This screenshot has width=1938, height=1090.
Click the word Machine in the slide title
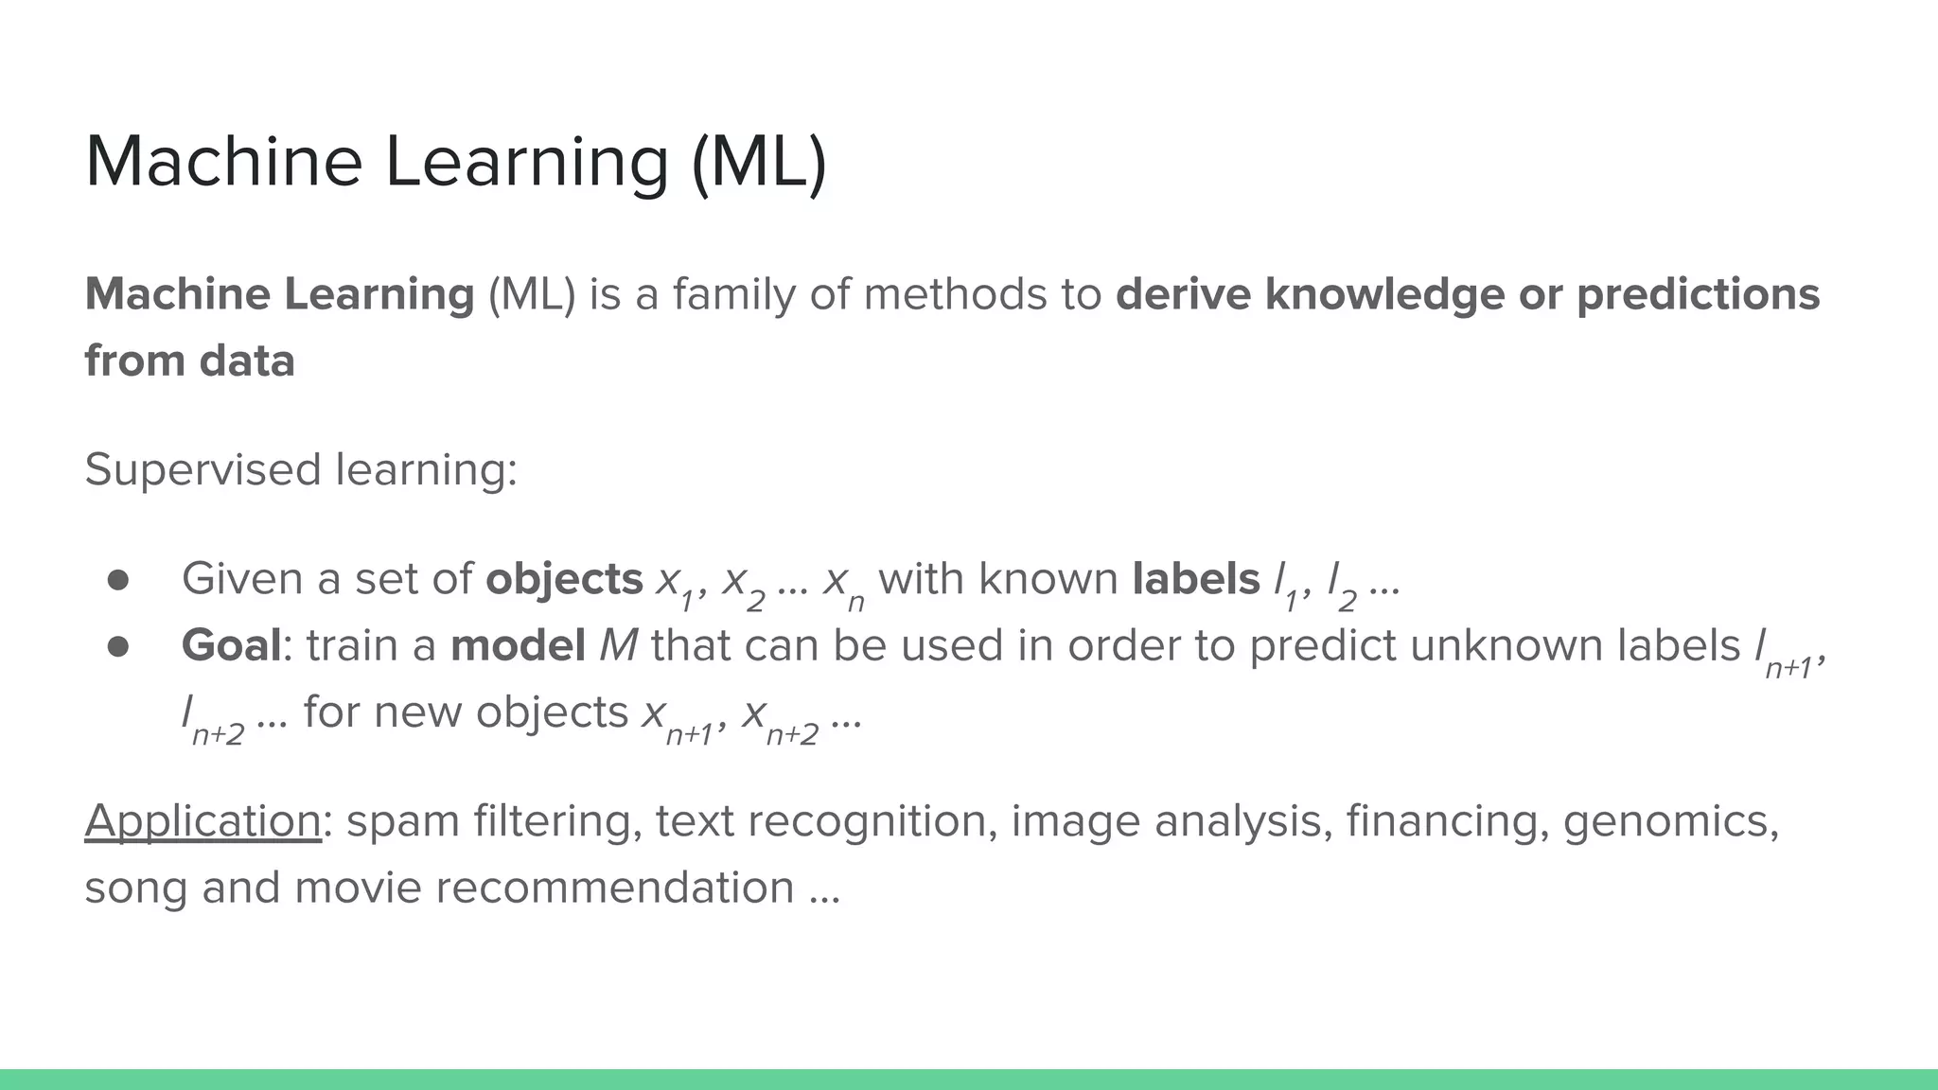point(223,162)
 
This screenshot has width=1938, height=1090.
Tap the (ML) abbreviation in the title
point(759,164)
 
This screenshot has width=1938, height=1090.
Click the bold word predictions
point(1698,294)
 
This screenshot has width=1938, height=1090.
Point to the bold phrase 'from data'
point(189,360)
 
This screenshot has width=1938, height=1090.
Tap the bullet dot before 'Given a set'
point(117,580)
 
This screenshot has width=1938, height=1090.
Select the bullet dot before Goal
point(117,646)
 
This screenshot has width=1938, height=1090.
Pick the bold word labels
point(1196,579)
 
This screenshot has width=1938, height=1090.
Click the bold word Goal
point(231,645)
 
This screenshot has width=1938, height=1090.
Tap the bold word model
point(518,645)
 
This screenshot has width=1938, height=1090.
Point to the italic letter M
point(619,645)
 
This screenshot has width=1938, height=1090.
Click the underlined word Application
point(203,821)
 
